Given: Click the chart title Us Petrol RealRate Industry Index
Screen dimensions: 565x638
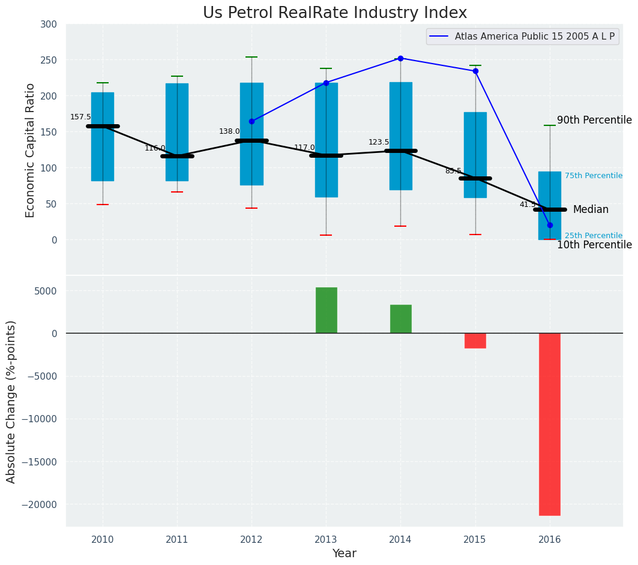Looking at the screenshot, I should coord(334,13).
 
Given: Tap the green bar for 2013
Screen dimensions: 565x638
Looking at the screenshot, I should coord(327,310).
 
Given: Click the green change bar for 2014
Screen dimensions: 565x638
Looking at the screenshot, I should coord(400,318).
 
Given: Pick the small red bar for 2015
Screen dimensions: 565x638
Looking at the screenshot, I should coord(475,340).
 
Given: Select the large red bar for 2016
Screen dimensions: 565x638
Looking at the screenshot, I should coord(549,423).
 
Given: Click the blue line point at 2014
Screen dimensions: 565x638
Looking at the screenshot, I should coord(400,58).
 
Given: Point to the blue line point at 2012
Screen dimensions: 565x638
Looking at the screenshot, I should coord(251,121).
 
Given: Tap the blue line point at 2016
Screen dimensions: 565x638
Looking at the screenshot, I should coord(550,225).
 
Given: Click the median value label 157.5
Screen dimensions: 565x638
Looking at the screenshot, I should coord(80,117).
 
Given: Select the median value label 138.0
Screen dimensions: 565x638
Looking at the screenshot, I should coord(229,131).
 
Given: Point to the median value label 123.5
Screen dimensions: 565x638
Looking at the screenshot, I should coord(379,142).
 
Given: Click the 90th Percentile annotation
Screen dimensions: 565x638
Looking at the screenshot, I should coord(594,120).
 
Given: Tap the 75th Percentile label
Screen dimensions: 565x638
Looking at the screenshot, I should coord(593,176).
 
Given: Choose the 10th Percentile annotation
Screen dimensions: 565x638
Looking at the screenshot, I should coord(594,245).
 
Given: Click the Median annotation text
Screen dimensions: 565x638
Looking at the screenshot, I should coord(591,209).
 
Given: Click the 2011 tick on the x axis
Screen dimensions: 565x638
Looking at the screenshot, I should coord(177,539).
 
